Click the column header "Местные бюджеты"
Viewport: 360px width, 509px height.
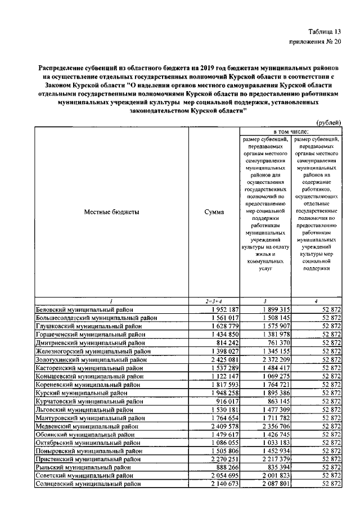111,212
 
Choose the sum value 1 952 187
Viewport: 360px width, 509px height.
224,309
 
